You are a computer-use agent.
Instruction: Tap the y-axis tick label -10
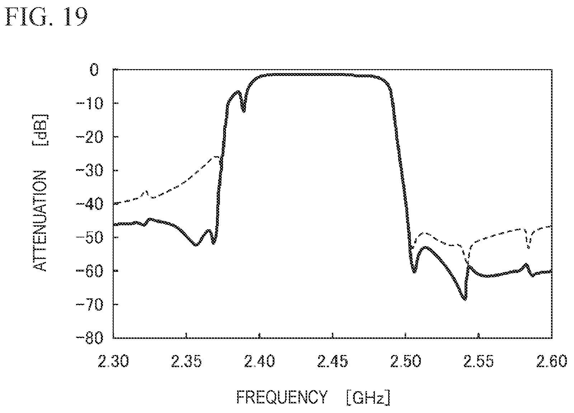tap(89, 104)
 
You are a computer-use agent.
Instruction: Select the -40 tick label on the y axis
tap(89, 204)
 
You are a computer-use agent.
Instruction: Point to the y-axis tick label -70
tap(89, 304)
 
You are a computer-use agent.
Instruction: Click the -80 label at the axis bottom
tap(89, 338)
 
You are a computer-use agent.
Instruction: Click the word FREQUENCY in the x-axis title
tap(282, 397)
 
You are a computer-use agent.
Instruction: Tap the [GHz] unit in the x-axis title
tap(368, 397)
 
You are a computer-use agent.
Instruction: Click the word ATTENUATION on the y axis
tap(40, 221)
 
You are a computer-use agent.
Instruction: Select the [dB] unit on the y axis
tap(40, 130)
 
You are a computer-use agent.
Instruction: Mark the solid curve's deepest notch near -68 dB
tap(465, 299)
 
